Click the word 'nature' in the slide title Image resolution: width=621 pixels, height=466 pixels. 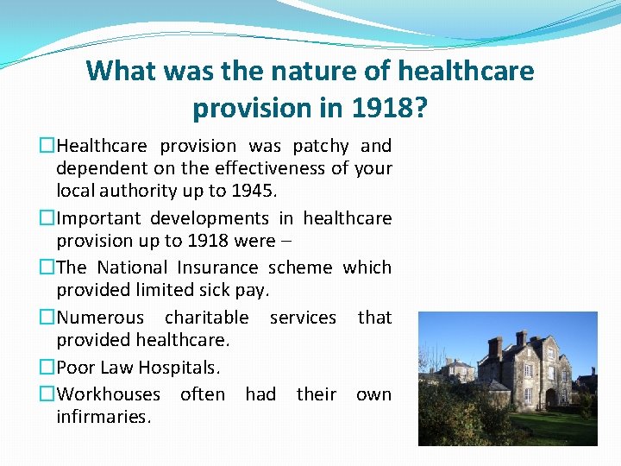click(262, 71)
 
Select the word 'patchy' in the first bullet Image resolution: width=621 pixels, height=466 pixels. click(321, 146)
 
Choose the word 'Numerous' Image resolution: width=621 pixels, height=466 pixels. click(100, 318)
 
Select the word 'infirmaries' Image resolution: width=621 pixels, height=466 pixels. click(103, 417)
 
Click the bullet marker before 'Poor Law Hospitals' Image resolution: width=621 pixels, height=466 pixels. click(48, 368)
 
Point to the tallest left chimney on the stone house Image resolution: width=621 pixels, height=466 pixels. click(494, 347)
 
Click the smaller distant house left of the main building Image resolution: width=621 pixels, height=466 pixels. click(457, 370)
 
